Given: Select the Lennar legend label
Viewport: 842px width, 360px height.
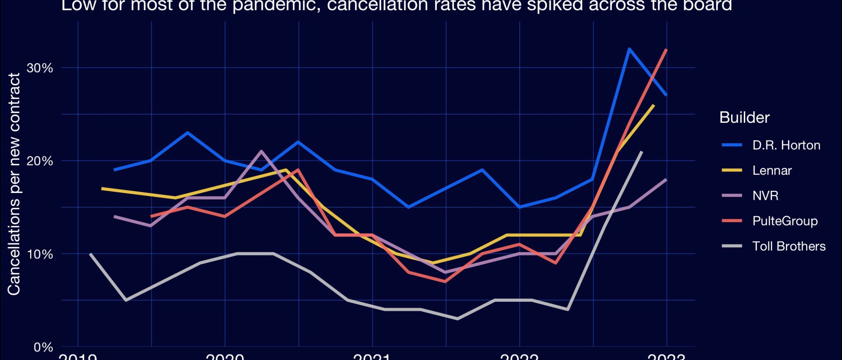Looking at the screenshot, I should pyautogui.click(x=772, y=170).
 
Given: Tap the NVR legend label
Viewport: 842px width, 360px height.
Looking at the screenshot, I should pyautogui.click(x=765, y=195).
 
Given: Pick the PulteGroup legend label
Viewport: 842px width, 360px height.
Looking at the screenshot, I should pyautogui.click(x=785, y=221).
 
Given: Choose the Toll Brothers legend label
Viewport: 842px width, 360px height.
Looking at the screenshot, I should pyautogui.click(x=789, y=246).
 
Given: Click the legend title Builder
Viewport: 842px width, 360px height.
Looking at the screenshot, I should pyautogui.click(x=744, y=117).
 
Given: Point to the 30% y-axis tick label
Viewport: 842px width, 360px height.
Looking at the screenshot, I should pyautogui.click(x=40, y=68).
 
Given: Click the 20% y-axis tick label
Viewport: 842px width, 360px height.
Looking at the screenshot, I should pyautogui.click(x=40, y=161).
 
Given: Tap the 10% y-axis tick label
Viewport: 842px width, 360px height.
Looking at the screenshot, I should pyautogui.click(x=40, y=254).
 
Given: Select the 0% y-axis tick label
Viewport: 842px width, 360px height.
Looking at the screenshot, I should pyautogui.click(x=43, y=347).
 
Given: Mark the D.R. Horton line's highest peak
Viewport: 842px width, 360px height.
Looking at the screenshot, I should pyautogui.click(x=629, y=49).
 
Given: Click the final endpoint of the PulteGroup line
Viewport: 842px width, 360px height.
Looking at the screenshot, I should pyautogui.click(x=666, y=49).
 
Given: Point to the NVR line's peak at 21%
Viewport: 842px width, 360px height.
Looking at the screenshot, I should pyautogui.click(x=261, y=151).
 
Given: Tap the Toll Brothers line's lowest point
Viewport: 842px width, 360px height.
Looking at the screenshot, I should pyautogui.click(x=457, y=319).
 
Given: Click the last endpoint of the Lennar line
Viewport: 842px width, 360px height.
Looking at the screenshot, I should pyautogui.click(x=653, y=105).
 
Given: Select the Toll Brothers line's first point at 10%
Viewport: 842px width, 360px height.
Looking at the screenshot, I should pyautogui.click(x=90, y=254).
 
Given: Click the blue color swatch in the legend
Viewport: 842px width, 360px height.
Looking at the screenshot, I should pyautogui.click(x=732, y=145).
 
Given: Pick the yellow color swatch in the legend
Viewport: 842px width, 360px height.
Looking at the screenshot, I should pyautogui.click(x=732, y=170).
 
